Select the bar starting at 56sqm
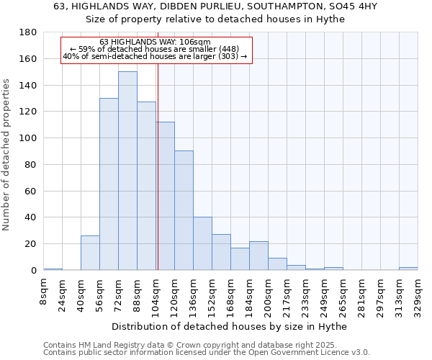click(x=109, y=184)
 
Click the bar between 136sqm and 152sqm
click(x=202, y=243)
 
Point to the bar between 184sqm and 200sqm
click(x=258, y=256)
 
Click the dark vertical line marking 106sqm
click(x=158, y=166)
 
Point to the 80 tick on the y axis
click(x=30, y=165)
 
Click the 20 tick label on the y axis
click(x=30, y=244)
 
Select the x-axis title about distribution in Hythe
click(x=230, y=326)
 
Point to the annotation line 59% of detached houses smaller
click(x=156, y=48)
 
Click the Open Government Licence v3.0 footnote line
click(x=207, y=352)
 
